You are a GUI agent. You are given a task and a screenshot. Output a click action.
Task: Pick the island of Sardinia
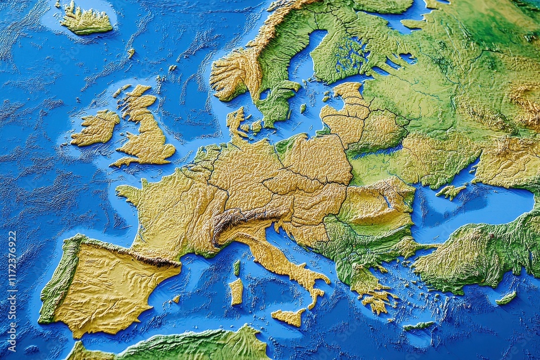[x=236, y=291]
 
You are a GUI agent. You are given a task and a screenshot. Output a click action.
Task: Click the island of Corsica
[x=237, y=267]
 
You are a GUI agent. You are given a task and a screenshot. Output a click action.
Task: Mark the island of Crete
[x=418, y=325]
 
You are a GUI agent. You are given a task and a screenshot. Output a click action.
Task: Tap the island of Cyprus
[x=506, y=298]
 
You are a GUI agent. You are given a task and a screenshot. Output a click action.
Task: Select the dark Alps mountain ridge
[x=240, y=219]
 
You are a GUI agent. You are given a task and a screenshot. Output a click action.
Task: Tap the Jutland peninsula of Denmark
[x=235, y=121]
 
